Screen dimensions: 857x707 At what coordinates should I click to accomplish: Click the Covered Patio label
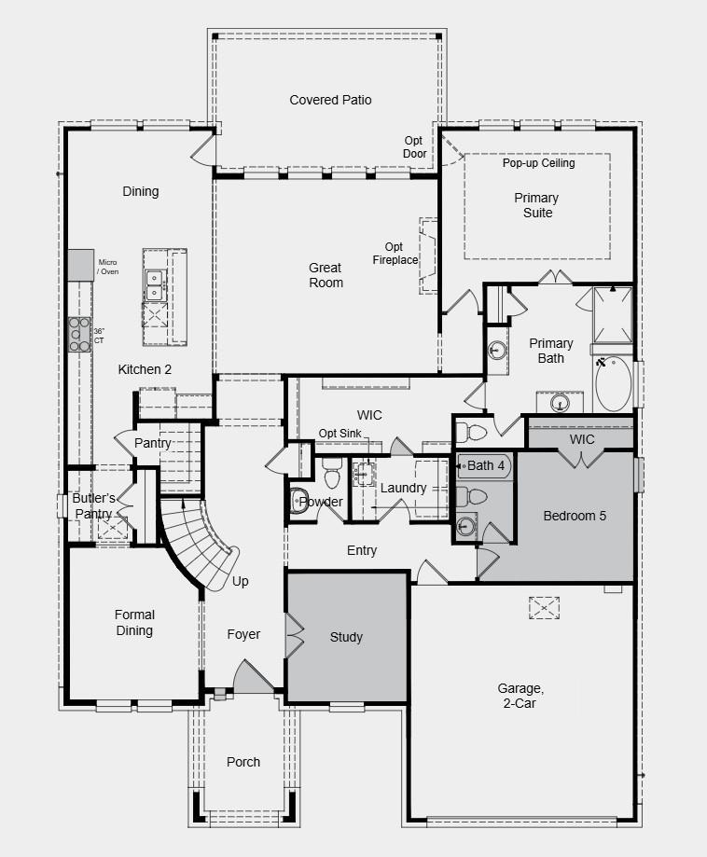pyautogui.click(x=330, y=100)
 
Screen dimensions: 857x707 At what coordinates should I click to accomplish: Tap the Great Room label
pyautogui.click(x=326, y=275)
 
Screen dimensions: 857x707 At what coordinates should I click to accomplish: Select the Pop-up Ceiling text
pyautogui.click(x=539, y=163)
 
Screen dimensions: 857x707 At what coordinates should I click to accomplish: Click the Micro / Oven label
pyautogui.click(x=109, y=268)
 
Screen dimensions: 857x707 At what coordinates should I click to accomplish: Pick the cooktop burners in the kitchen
pyautogui.click(x=78, y=334)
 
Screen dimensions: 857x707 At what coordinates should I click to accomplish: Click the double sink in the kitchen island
pyautogui.click(x=154, y=284)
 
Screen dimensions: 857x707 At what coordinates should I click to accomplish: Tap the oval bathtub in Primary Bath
pyautogui.click(x=613, y=383)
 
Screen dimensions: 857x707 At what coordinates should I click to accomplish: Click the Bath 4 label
pyautogui.click(x=486, y=465)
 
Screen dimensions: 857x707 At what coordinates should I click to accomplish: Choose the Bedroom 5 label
pyautogui.click(x=575, y=516)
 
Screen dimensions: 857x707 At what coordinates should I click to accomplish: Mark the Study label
pyautogui.click(x=346, y=638)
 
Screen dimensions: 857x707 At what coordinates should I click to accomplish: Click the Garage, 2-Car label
pyautogui.click(x=520, y=696)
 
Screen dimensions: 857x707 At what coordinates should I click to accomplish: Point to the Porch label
pyautogui.click(x=243, y=762)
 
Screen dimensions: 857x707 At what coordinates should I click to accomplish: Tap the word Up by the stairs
pyautogui.click(x=241, y=581)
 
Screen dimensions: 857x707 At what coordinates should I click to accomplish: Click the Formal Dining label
pyautogui.click(x=134, y=623)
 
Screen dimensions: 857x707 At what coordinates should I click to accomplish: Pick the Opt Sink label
pyautogui.click(x=340, y=434)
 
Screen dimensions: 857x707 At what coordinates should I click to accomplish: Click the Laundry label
pyautogui.click(x=403, y=488)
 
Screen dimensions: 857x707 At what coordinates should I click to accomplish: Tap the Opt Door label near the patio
pyautogui.click(x=415, y=147)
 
